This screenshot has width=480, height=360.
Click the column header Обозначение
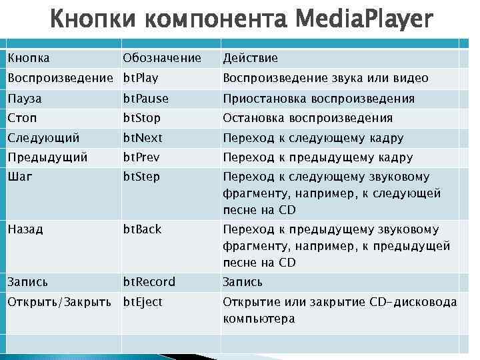[161, 59]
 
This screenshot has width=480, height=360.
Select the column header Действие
[250, 59]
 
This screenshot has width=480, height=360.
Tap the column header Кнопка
[29, 59]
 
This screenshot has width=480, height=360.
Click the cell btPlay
[140, 79]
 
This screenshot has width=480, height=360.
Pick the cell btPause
[145, 99]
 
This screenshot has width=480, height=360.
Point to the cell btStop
[141, 119]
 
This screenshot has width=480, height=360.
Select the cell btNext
[142, 139]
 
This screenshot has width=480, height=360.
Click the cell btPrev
[141, 158]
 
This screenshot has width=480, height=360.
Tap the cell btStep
[141, 177]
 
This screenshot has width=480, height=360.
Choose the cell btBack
[142, 229]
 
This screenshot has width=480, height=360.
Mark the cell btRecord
[149, 282]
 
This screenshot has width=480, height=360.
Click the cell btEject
[142, 302]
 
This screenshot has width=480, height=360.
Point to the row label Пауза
[25, 99]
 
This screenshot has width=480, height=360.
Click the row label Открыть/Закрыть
[59, 302]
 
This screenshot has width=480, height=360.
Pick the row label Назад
[25, 229]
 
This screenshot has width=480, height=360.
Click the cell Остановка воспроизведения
[307, 119]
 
